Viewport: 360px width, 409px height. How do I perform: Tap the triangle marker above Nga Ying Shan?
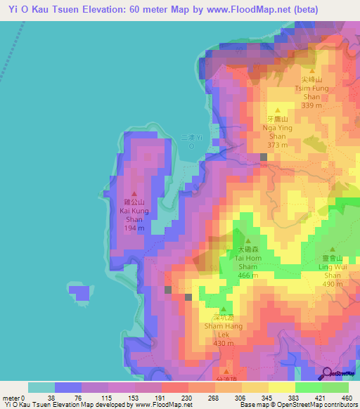coord(278,111)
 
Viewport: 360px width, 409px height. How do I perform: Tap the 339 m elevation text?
coord(310,105)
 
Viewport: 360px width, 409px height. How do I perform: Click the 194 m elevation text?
coord(137,228)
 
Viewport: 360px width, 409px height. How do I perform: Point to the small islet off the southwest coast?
coord(80,291)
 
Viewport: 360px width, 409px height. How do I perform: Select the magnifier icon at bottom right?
coord(328,375)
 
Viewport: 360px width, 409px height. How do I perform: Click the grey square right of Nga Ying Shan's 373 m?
coord(264,157)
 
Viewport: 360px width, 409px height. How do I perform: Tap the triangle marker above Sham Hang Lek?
coord(224,310)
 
